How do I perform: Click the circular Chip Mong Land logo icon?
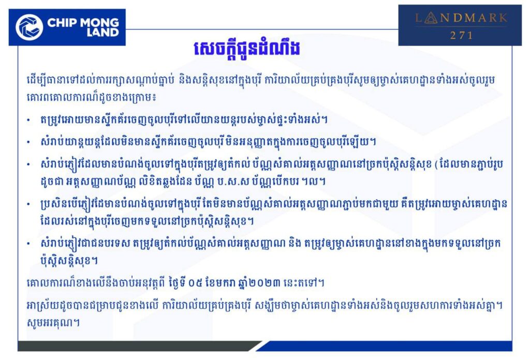30,27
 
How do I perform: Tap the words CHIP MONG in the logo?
83,23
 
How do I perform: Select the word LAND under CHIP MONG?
102,33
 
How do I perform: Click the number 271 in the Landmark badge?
461,35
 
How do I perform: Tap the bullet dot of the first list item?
29,120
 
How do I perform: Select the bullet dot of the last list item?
29,243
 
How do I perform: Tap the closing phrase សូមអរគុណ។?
53,322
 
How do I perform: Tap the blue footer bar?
388,346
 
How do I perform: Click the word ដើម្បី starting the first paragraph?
37,81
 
